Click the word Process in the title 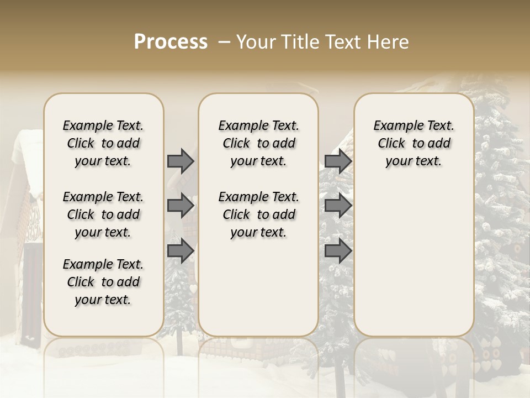pyautogui.click(x=171, y=42)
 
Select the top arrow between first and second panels pyautogui.click(x=181, y=161)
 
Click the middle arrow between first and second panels pyautogui.click(x=181, y=206)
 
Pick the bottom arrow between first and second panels pyautogui.click(x=181, y=250)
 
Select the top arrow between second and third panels pyautogui.click(x=338, y=161)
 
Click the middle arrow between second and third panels pyautogui.click(x=338, y=206)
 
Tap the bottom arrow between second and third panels pyautogui.click(x=338, y=250)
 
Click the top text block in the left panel pyautogui.click(x=103, y=143)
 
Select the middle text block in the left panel pyautogui.click(x=103, y=214)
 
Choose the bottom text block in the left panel pyautogui.click(x=103, y=282)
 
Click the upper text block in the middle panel pyautogui.click(x=258, y=143)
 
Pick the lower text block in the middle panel pyautogui.click(x=258, y=214)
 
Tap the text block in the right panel pyautogui.click(x=414, y=143)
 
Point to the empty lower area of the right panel pyautogui.click(x=414, y=254)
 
